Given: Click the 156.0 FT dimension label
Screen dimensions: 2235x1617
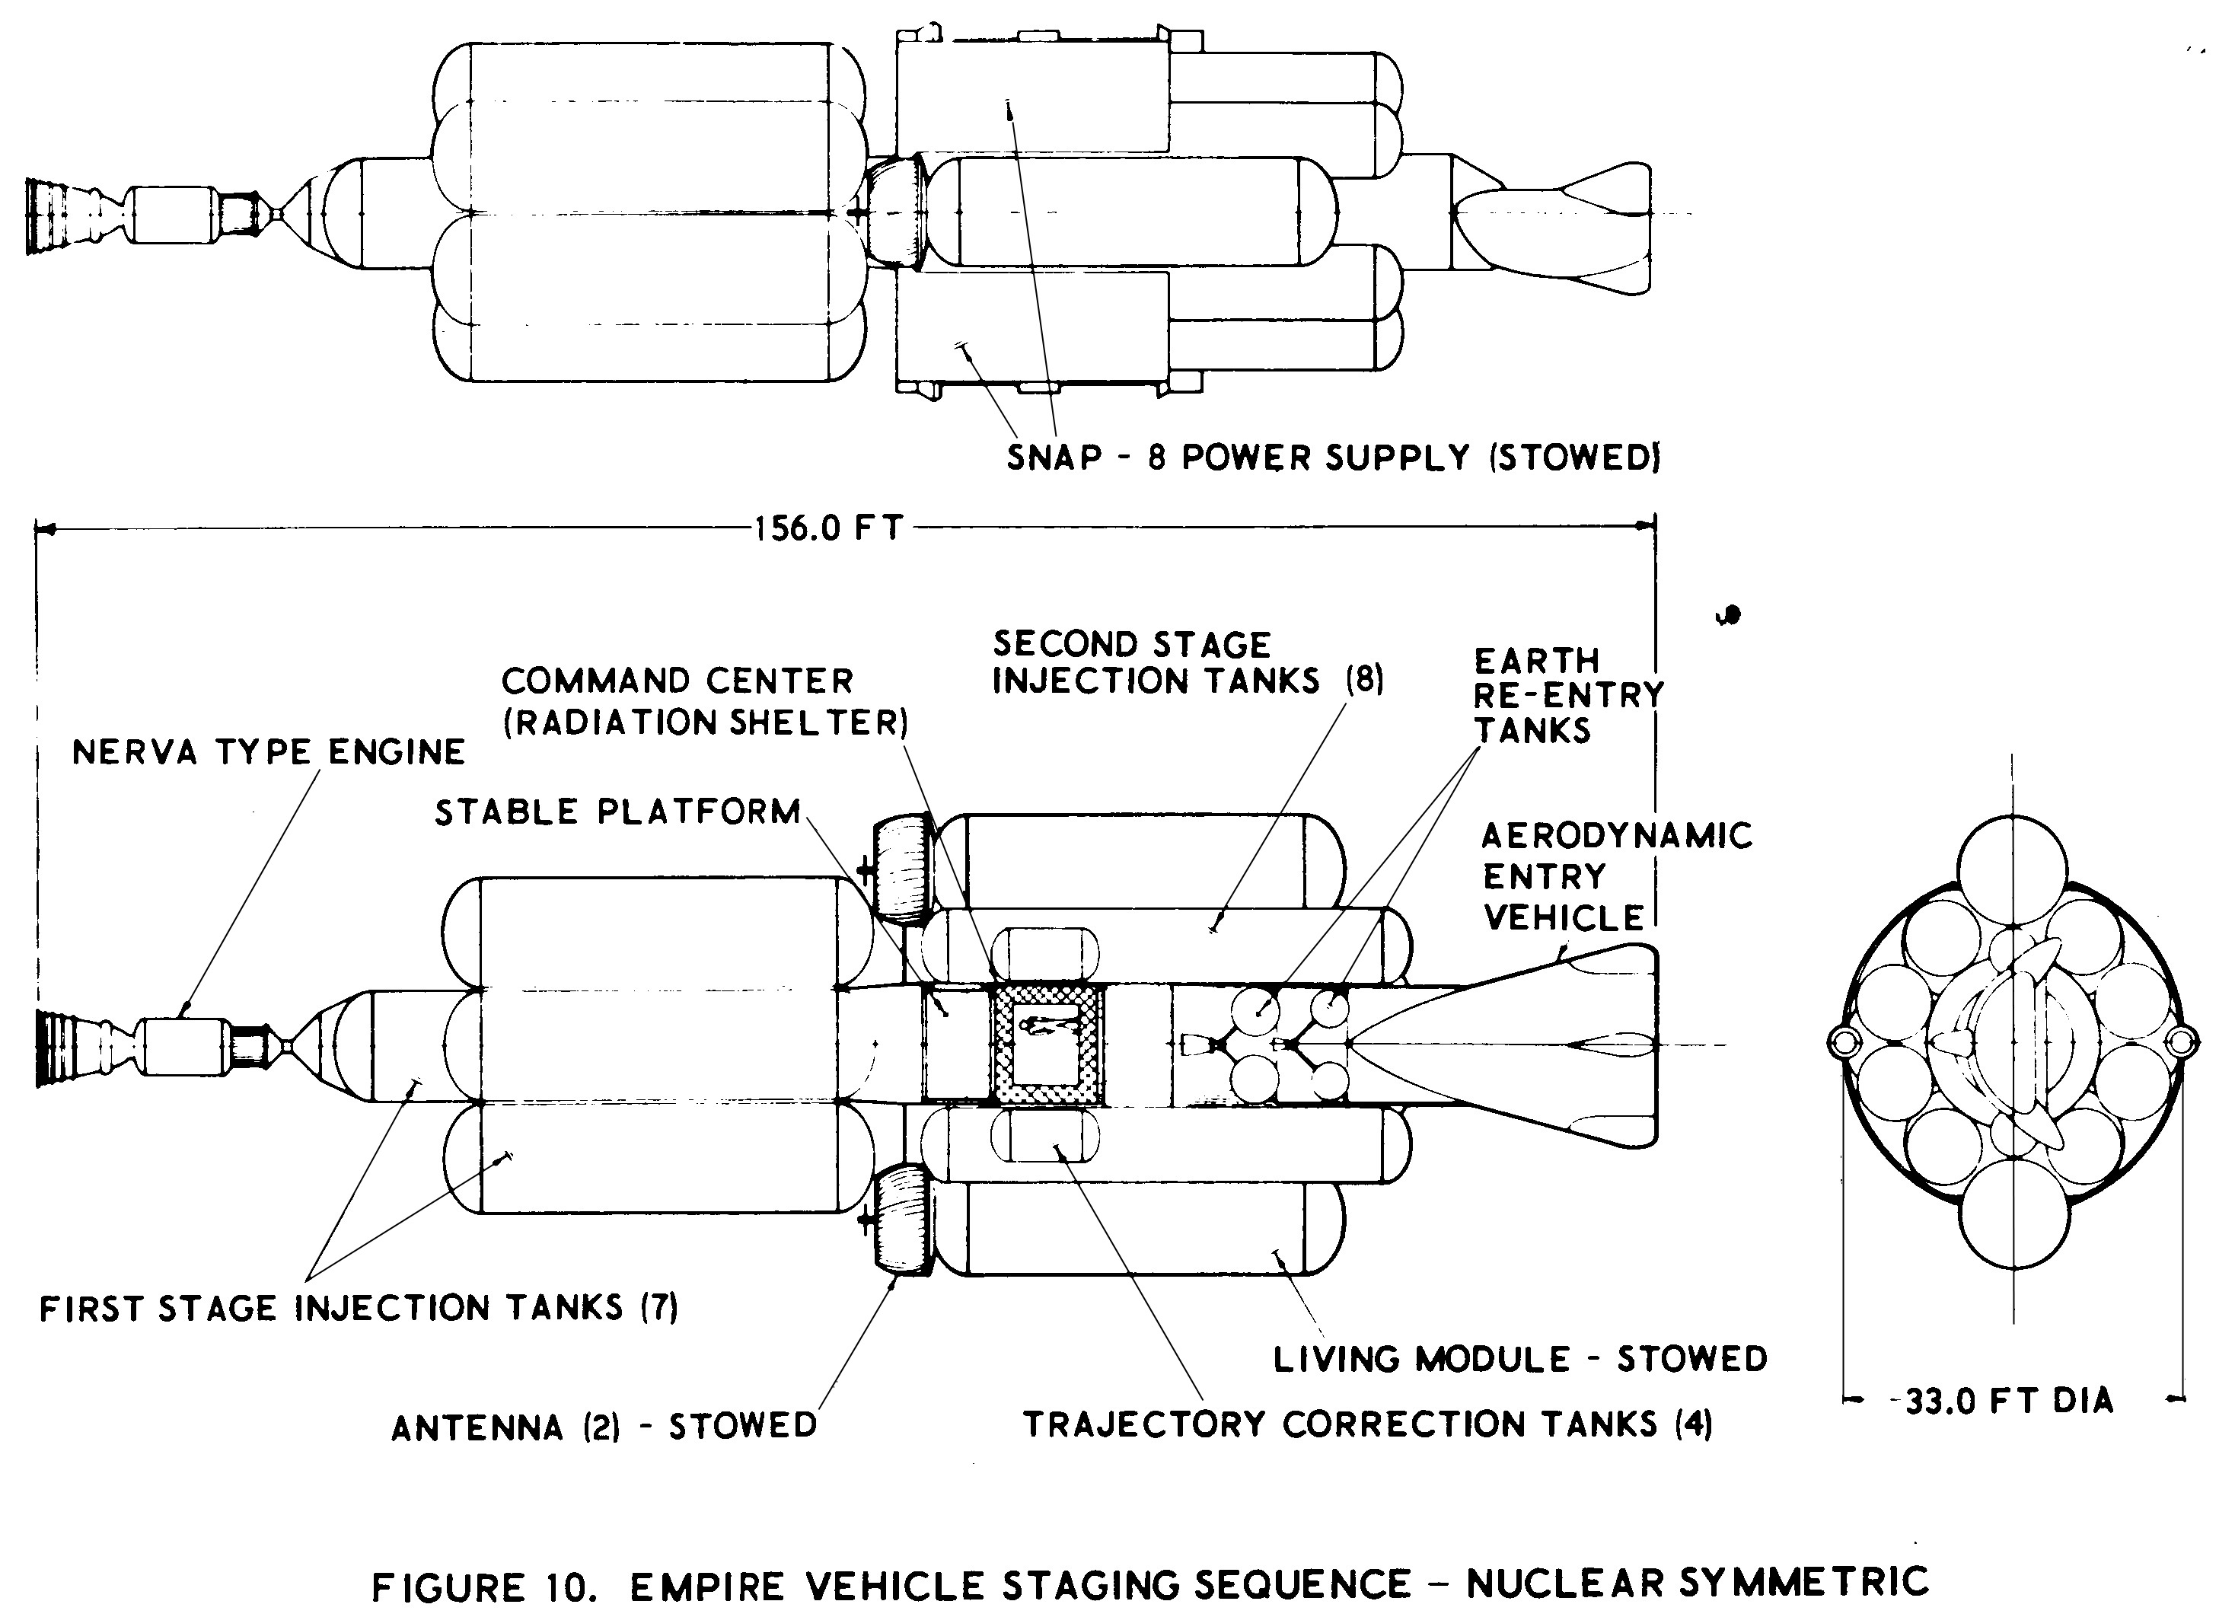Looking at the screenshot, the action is (x=829, y=529).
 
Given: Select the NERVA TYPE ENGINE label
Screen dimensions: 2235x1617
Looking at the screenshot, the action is (x=269, y=753).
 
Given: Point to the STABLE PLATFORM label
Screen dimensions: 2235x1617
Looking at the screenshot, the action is (x=618, y=812).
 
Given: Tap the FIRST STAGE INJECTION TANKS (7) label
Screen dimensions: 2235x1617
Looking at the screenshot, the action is (x=359, y=1308).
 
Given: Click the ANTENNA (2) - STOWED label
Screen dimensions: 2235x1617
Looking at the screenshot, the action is (x=604, y=1426).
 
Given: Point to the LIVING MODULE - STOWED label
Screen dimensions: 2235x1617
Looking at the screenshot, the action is (x=1520, y=1359).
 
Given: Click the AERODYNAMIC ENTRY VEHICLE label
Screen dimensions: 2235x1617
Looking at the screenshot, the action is (x=1617, y=877).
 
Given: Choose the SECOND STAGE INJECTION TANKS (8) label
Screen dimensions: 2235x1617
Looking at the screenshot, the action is (x=1188, y=662).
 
